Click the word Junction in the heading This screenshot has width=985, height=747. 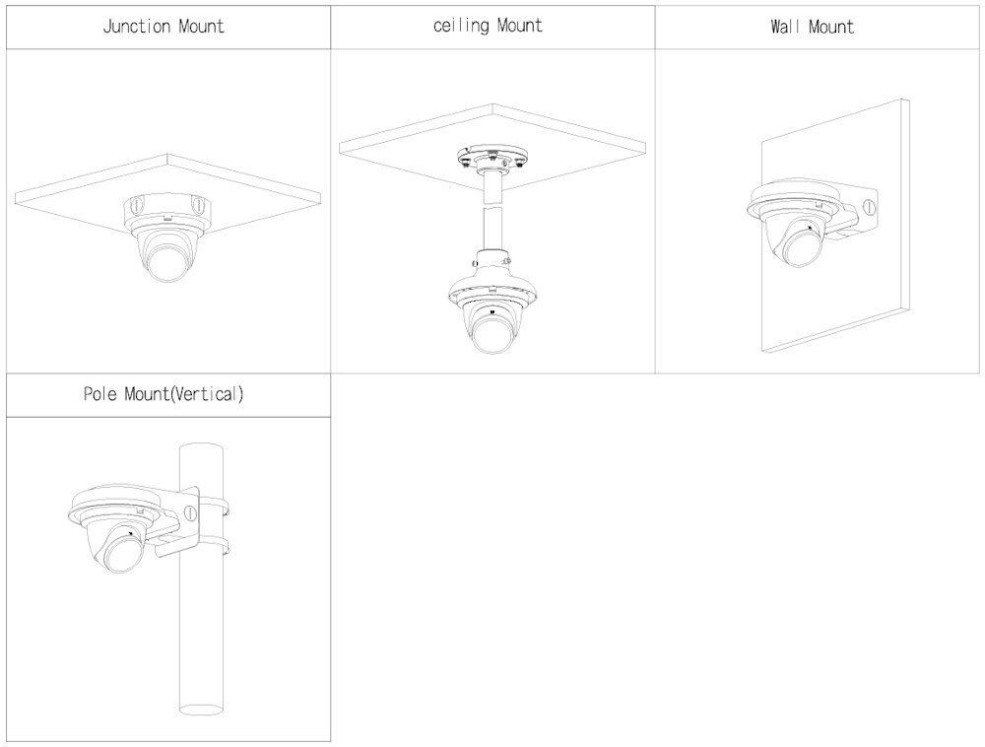coord(136,27)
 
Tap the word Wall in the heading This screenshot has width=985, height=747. coord(785,27)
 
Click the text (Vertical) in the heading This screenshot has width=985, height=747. coord(207,394)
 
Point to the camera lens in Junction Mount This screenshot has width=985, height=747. coord(168,259)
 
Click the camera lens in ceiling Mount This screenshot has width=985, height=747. coord(492,330)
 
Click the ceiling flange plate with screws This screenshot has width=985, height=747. coord(492,156)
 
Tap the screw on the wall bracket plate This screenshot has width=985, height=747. coord(870,207)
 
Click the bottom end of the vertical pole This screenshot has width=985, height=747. coord(202,710)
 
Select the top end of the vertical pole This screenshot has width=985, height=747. coord(202,448)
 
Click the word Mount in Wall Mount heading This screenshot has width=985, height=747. coord(831,27)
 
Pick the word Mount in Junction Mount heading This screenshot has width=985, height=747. coord(201,27)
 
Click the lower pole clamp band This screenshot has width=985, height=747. coord(213,544)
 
